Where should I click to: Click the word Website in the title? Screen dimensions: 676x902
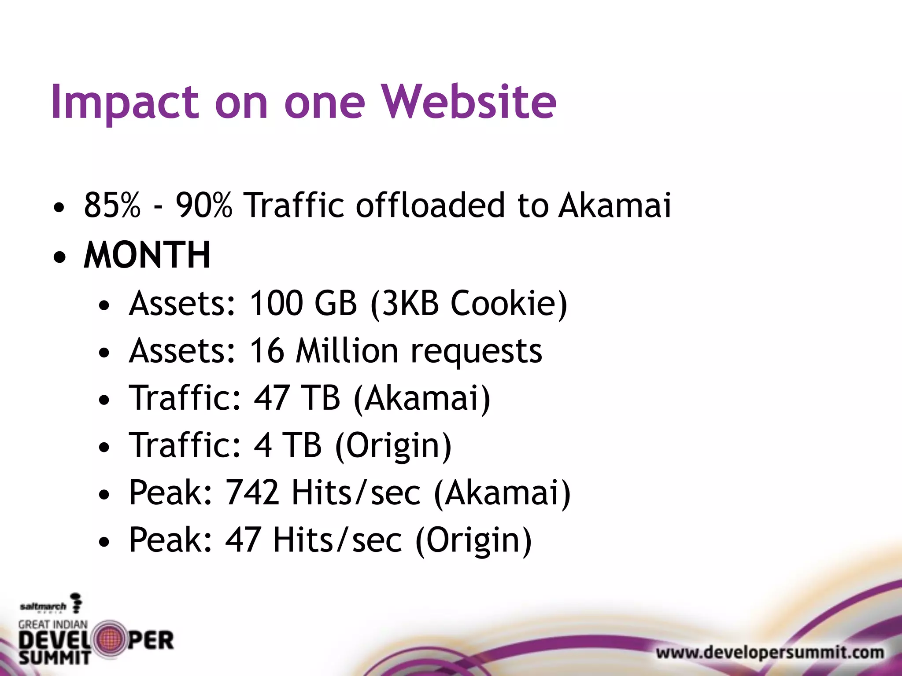click(x=469, y=102)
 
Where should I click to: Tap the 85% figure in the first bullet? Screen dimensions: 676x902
click(x=112, y=205)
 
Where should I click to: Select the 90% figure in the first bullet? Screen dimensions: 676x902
click(x=203, y=205)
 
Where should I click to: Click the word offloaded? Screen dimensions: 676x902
click(x=430, y=205)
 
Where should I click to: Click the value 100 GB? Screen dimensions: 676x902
click(x=303, y=303)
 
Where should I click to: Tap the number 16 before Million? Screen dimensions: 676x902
click(x=267, y=351)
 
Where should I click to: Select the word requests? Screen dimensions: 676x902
click(x=476, y=352)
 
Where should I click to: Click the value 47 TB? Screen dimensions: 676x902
click(x=297, y=398)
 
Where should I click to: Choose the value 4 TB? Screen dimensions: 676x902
click(x=288, y=445)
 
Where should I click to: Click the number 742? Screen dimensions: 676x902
click(x=252, y=492)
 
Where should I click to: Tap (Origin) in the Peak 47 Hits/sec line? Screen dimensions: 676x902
click(x=473, y=540)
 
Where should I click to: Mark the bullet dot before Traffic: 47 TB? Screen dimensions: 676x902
click(x=104, y=400)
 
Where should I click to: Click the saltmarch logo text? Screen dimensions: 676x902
click(x=43, y=607)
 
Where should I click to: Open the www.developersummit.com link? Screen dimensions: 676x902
click(x=770, y=652)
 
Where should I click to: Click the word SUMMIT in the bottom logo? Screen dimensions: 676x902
click(x=54, y=658)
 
